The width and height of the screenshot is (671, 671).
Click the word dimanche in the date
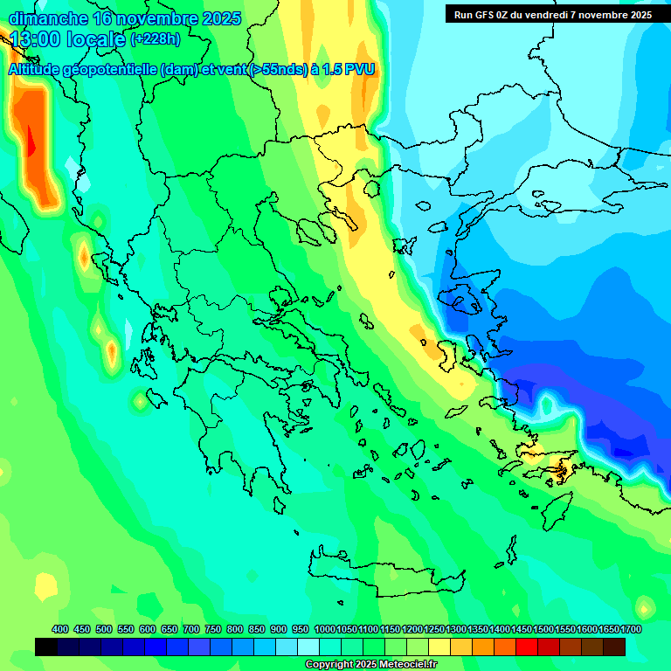coord(47,18)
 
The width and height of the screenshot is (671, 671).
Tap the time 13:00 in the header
coord(36,40)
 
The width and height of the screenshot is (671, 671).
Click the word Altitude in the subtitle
coord(40,70)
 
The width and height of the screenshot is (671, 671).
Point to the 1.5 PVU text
coord(349,70)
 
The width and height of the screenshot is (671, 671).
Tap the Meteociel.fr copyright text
coord(371,665)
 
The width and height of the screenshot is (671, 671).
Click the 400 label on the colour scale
coord(60,629)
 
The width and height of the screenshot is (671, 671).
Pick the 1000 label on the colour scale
coord(324,629)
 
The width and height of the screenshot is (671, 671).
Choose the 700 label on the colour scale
coord(191,629)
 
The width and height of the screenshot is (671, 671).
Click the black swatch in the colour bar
coord(46,647)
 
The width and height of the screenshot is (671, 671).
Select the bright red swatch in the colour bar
coord(527,647)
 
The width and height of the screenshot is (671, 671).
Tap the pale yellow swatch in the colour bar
coord(439,647)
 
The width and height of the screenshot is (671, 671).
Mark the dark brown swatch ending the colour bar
coord(614,647)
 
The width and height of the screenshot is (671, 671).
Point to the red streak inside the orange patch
coord(31,140)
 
